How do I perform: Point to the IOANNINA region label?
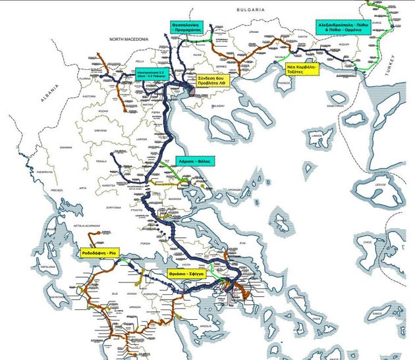click(x=64, y=147)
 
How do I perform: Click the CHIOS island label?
click(x=368, y=241)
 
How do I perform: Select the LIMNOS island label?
click(x=318, y=136)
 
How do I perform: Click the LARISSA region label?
click(x=141, y=140)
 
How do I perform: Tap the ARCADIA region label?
click(x=134, y=306)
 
